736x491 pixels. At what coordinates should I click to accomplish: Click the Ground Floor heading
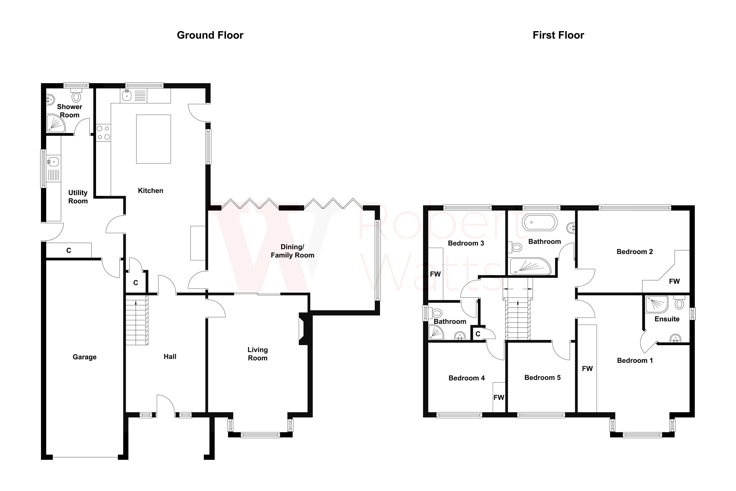click(x=210, y=35)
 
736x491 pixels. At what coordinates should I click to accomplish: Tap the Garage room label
click(x=84, y=357)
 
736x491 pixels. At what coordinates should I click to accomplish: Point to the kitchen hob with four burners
click(x=103, y=132)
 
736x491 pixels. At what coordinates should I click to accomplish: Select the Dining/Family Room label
click(x=292, y=251)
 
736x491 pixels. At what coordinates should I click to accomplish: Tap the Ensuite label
click(x=667, y=319)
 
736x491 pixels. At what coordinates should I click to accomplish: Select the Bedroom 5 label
click(x=542, y=378)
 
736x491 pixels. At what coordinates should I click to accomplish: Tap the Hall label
click(x=170, y=357)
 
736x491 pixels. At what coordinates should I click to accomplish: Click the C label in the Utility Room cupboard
click(x=69, y=251)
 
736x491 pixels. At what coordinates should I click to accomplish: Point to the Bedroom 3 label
click(x=466, y=243)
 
